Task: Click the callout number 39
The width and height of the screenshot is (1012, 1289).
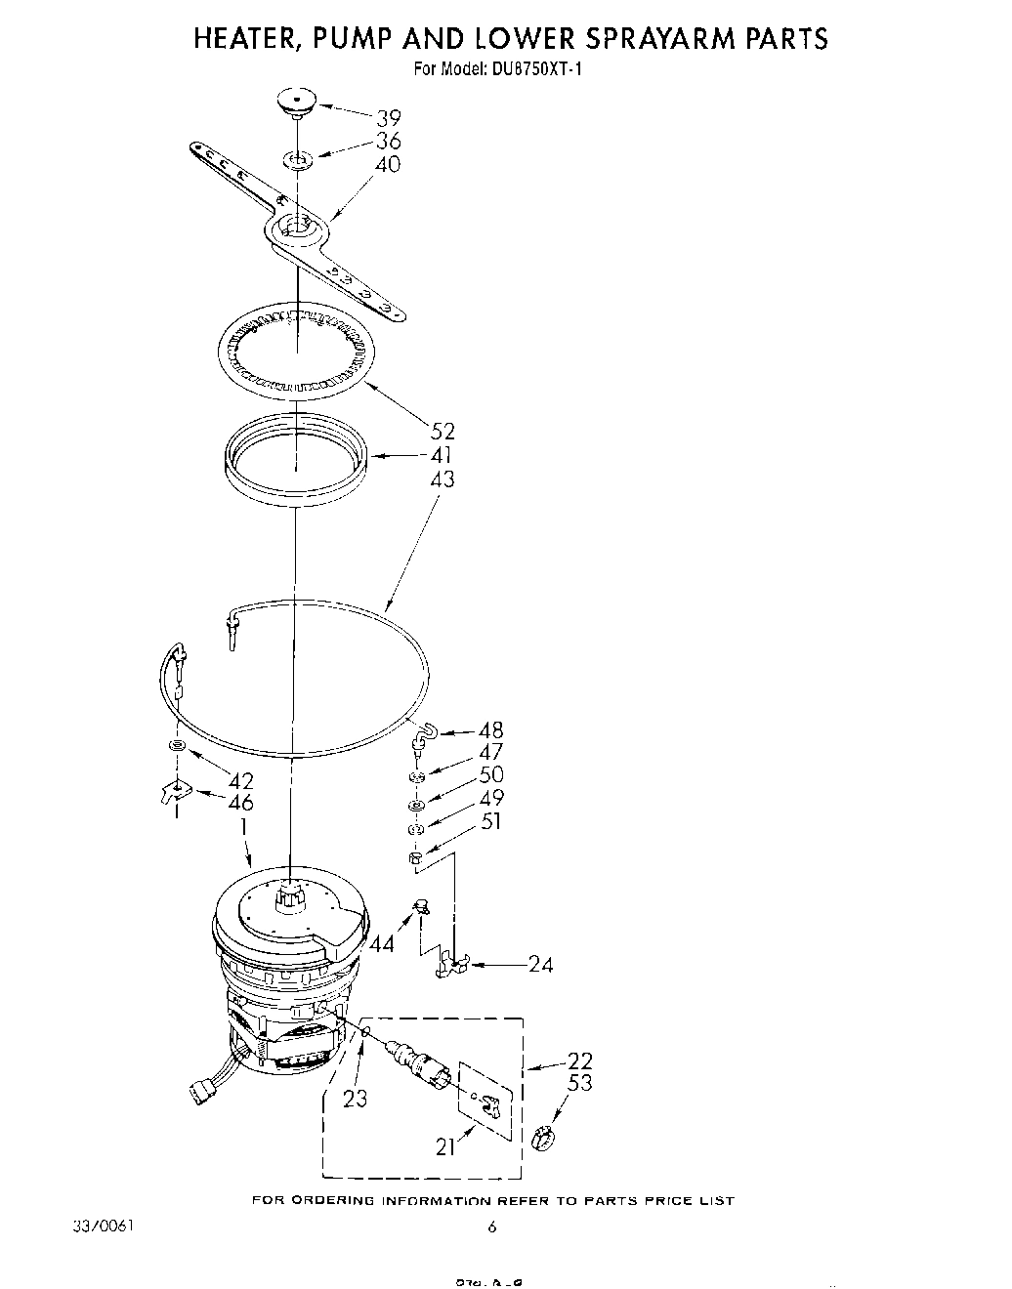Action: click(x=388, y=118)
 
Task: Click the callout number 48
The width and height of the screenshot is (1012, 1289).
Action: click(x=491, y=730)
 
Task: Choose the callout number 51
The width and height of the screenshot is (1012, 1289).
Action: click(x=491, y=821)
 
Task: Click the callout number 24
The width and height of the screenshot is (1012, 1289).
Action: click(x=540, y=965)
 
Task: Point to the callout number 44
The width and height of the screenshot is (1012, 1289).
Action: click(x=382, y=943)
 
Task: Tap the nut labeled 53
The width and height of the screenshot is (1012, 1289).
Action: click(x=543, y=1137)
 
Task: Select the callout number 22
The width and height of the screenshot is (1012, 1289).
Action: click(x=579, y=1060)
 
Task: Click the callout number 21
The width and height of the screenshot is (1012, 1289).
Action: click(x=446, y=1148)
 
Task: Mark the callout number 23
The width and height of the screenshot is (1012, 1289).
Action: click(x=355, y=1099)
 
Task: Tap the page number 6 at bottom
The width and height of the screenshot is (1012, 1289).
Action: click(x=492, y=1228)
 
